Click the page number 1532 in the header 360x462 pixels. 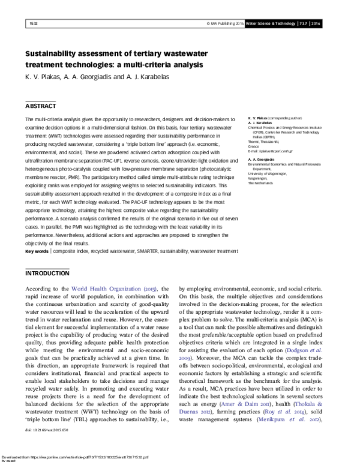click(x=33, y=23)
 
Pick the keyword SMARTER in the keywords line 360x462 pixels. click(x=154, y=251)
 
